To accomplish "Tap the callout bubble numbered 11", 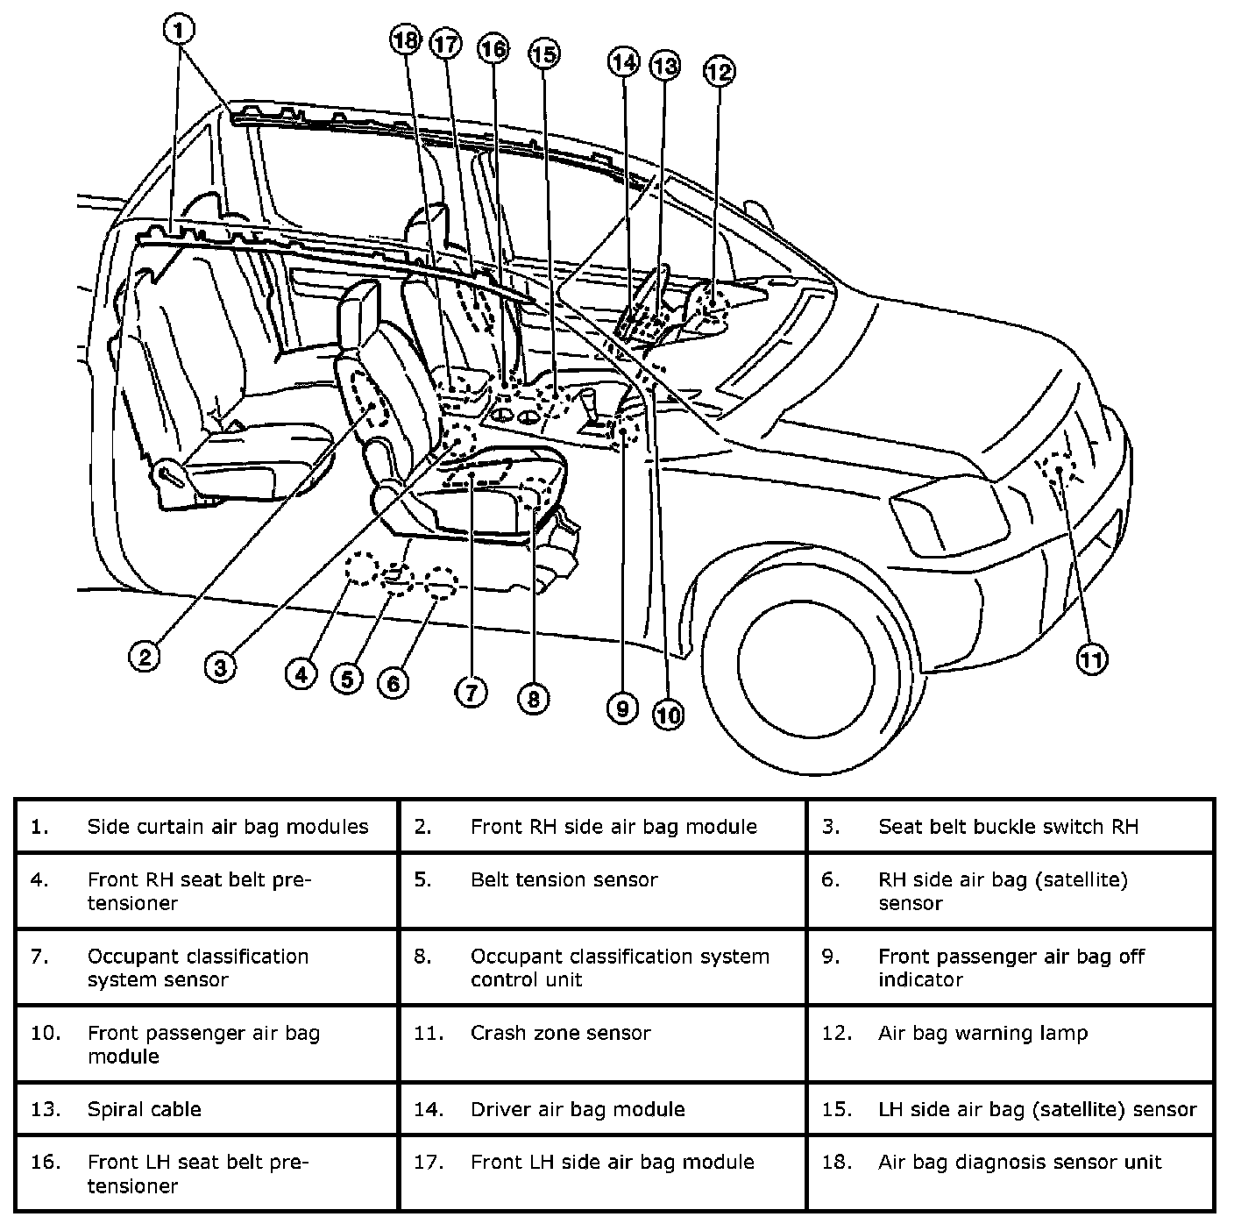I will (1091, 659).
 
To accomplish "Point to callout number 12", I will (719, 71).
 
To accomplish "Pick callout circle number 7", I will (471, 693).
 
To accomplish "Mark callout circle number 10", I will (668, 715).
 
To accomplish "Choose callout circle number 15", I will (543, 54).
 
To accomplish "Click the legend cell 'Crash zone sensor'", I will (561, 1033).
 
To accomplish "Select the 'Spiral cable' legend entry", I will (145, 1109).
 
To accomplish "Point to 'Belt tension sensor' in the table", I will (564, 879).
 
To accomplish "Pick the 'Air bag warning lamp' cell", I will (982, 1033).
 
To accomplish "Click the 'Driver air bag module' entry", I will (578, 1109).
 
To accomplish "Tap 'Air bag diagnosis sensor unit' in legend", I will (1019, 1162).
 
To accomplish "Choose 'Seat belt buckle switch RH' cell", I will (1008, 826).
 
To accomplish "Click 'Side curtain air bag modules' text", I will (228, 826).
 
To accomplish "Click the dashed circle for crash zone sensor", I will (1058, 468).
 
